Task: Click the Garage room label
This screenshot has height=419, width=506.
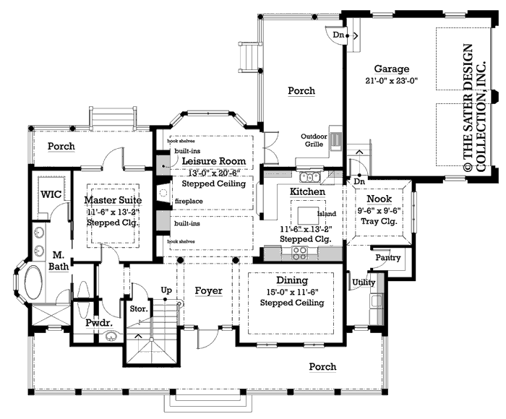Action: [x=391, y=69]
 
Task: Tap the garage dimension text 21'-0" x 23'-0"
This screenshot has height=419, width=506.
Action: [x=391, y=82]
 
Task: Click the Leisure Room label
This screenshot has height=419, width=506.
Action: [x=213, y=160]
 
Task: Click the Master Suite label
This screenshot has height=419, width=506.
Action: [x=112, y=199]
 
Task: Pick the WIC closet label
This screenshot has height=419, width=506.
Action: [x=51, y=195]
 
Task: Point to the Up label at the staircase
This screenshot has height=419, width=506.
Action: [x=166, y=290]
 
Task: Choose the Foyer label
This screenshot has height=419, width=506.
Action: [x=208, y=290]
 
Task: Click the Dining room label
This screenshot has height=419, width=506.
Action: [x=291, y=280]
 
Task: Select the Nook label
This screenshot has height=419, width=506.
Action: [x=379, y=199]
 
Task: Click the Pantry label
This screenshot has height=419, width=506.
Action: [x=382, y=257]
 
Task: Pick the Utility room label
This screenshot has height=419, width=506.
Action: [x=363, y=282]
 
